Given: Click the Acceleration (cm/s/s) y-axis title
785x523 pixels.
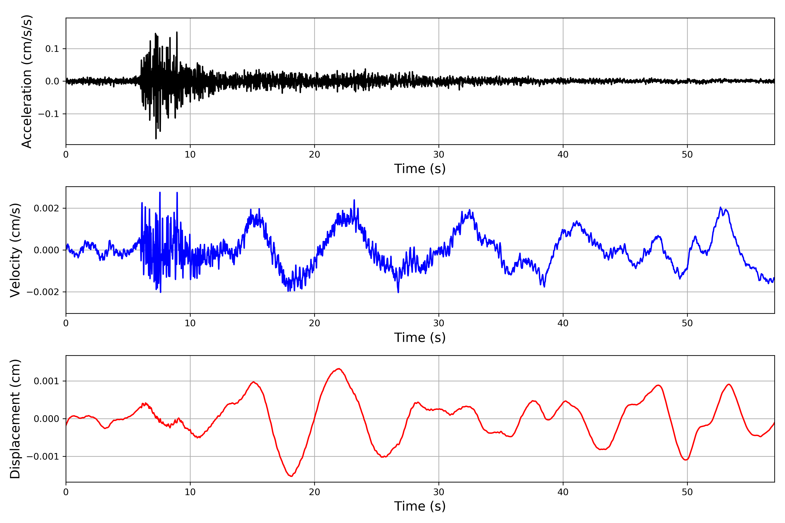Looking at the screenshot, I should (x=27, y=81).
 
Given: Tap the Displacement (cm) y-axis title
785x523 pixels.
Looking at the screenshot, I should (x=15, y=419).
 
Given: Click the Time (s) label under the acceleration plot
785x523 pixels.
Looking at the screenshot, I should (x=420, y=169).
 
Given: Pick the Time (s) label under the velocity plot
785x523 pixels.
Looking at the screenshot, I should (x=420, y=338).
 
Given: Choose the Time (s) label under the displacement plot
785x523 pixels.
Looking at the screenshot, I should (x=420, y=506).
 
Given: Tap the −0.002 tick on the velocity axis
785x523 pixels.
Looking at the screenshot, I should (x=43, y=292).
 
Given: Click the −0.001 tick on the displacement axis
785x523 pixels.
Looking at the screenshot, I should (x=43, y=457).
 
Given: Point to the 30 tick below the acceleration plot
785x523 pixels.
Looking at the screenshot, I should (x=439, y=155).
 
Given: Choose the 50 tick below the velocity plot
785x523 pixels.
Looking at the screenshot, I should (x=687, y=323).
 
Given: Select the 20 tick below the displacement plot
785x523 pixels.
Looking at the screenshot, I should (x=314, y=492).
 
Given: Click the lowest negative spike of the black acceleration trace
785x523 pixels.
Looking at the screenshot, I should (x=156, y=138).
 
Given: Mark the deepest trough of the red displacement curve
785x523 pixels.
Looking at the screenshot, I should (x=291, y=476).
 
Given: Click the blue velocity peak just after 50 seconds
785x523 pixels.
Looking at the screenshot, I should (x=721, y=207).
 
